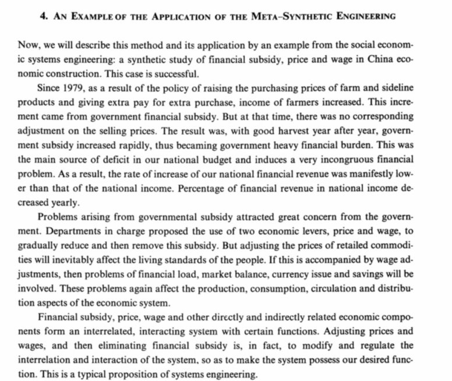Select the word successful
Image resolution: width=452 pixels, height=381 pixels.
[172, 75]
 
